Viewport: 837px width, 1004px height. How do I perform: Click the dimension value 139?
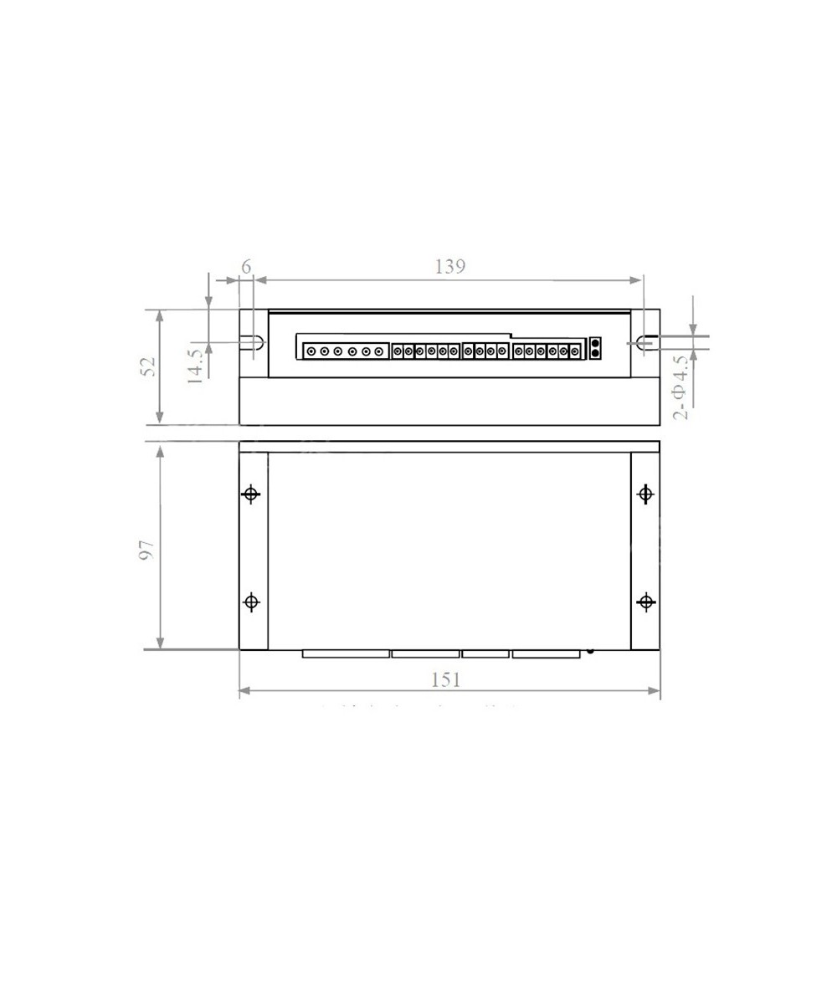[449, 266]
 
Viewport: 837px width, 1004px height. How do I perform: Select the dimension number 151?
[446, 679]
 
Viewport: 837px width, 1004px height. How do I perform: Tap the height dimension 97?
[146, 549]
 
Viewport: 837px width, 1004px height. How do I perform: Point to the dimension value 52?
[148, 366]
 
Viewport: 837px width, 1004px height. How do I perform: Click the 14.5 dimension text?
[194, 366]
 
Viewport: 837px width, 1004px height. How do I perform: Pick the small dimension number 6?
[246, 266]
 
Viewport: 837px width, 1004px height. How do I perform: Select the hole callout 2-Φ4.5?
[681, 387]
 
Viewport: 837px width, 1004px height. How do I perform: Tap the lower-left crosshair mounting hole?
[251, 602]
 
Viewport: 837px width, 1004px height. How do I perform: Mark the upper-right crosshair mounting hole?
[645, 494]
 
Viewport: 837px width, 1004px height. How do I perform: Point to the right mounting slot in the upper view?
[644, 342]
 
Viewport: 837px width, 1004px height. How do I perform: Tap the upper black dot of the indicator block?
[595, 343]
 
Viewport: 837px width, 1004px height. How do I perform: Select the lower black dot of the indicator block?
[595, 353]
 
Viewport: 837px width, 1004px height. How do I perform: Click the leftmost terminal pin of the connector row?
[311, 352]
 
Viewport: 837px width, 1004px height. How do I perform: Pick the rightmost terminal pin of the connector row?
[574, 351]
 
